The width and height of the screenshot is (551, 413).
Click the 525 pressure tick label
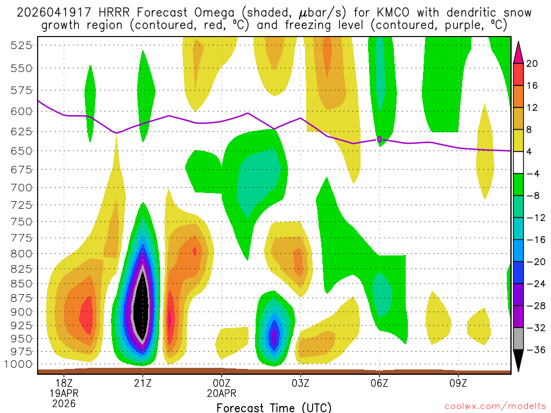[21, 45]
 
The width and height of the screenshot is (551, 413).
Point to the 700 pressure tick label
[21, 187]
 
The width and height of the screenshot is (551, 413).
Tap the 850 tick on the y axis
[21, 283]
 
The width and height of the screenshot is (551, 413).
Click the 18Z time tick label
[63, 383]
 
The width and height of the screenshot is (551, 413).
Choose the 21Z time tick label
[143, 383]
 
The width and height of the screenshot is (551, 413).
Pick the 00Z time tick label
[222, 383]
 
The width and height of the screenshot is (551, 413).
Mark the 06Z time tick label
[379, 383]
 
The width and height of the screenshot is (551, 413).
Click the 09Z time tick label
[458, 383]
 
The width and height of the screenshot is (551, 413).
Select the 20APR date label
[222, 393]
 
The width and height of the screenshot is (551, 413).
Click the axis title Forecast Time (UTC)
[274, 407]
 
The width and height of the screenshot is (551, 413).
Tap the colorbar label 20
[532, 63]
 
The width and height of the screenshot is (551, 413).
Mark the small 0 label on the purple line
[379, 139]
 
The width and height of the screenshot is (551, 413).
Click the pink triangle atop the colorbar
[519, 52]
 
